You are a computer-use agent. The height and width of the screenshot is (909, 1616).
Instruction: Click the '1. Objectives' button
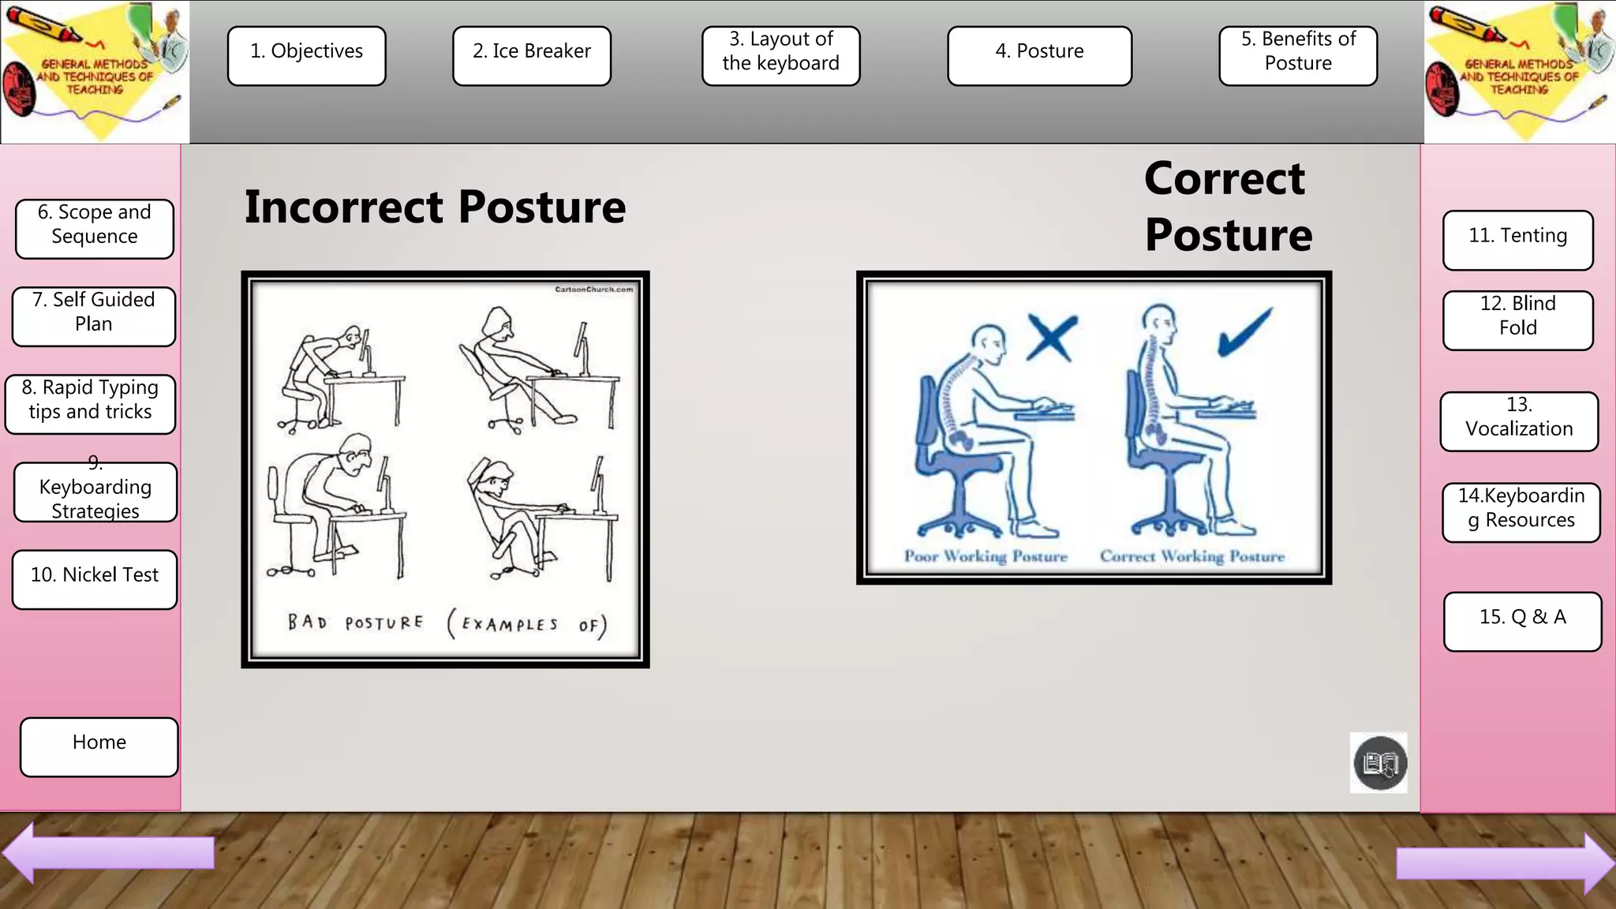[x=306, y=55]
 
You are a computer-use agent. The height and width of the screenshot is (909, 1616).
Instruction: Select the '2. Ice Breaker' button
[x=532, y=55]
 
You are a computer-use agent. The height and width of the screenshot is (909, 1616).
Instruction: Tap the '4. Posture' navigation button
[x=1039, y=55]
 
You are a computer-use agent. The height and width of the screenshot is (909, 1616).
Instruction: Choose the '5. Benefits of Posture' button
[x=1298, y=55]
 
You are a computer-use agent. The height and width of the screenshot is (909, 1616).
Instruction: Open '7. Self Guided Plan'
[x=94, y=316]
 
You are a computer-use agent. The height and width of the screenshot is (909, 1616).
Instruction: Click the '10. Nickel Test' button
[x=95, y=579]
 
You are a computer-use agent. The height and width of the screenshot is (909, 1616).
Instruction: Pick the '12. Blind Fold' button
[x=1517, y=320]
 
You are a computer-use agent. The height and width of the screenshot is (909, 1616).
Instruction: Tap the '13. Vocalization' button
[x=1519, y=421]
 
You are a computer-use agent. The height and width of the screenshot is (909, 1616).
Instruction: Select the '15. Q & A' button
[x=1522, y=621]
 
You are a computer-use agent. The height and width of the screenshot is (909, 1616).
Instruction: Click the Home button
[x=99, y=746]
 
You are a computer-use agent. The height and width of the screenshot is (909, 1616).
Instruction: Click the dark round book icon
[x=1379, y=763]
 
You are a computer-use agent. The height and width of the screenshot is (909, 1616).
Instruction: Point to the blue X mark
[x=1052, y=338]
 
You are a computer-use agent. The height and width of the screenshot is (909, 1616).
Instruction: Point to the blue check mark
[x=1244, y=332]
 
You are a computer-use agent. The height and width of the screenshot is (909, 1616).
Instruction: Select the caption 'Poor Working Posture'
[x=986, y=556]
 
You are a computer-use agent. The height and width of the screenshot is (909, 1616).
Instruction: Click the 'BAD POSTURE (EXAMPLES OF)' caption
[x=447, y=623]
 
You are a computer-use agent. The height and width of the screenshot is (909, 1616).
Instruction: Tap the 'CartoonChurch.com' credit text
[x=593, y=290]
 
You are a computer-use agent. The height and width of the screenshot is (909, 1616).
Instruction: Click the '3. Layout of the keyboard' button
[x=780, y=55]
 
